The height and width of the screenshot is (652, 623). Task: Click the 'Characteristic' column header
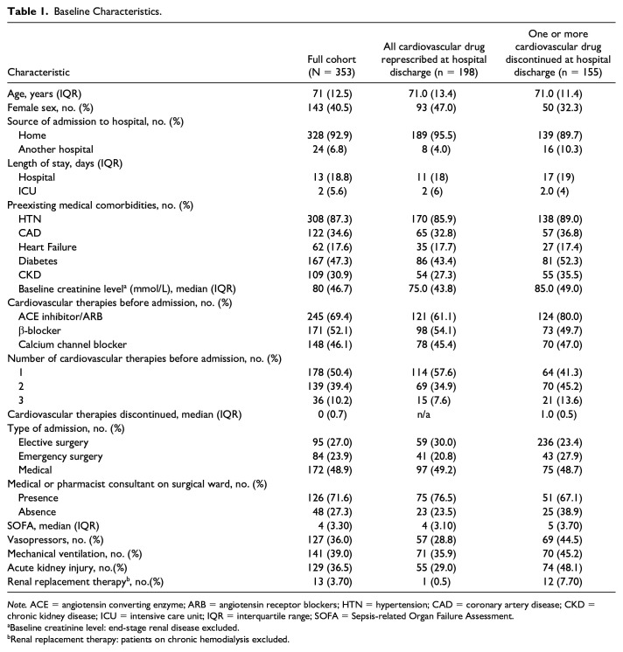[41, 73]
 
